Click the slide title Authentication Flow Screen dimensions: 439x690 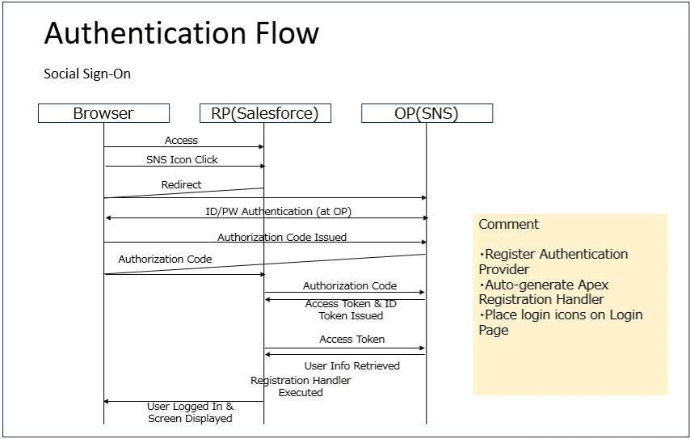pos(181,33)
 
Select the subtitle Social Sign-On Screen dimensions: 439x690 pos(87,74)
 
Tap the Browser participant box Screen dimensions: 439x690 pos(103,113)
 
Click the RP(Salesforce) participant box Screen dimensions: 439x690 pos(265,113)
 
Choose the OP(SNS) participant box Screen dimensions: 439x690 pos(426,113)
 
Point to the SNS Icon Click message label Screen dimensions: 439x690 pos(182,159)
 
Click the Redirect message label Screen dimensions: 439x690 pos(181,184)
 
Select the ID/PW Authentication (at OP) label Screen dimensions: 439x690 pos(278,211)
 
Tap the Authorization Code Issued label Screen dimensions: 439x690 pos(282,237)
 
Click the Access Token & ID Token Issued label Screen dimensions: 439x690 pos(351,310)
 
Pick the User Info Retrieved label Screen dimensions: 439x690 pos(351,365)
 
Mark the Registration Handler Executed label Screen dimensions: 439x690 pos(300,386)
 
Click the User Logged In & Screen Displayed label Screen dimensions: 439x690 pos(190,412)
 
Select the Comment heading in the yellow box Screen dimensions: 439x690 pos(508,224)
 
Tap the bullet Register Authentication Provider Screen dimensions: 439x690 pos(553,261)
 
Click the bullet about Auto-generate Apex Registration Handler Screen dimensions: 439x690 pos(543,292)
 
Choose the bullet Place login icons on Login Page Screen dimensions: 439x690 pos(560,322)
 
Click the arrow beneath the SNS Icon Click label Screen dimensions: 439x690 pos(184,167)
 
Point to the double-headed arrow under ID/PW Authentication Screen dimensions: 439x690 pos(265,217)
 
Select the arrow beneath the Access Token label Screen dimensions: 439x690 pos(345,348)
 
